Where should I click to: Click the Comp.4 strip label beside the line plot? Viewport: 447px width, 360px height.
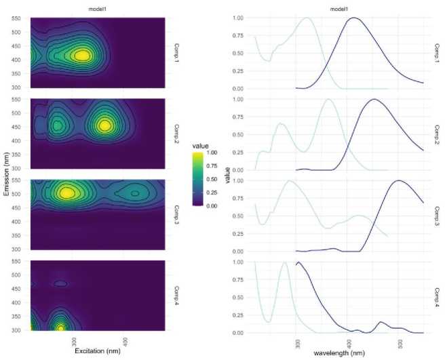point(437,298)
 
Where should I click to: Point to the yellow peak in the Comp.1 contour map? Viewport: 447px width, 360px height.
point(82,55)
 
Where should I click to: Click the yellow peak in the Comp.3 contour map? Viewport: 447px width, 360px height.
point(66,193)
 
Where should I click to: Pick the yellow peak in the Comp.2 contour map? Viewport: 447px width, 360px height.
point(105,125)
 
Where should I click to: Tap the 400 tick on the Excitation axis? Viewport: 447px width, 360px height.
point(125,340)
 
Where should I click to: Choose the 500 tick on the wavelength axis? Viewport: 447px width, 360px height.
point(400,342)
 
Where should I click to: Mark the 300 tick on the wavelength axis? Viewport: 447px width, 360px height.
point(298,342)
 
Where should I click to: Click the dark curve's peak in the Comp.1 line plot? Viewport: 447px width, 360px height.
point(354,18)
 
